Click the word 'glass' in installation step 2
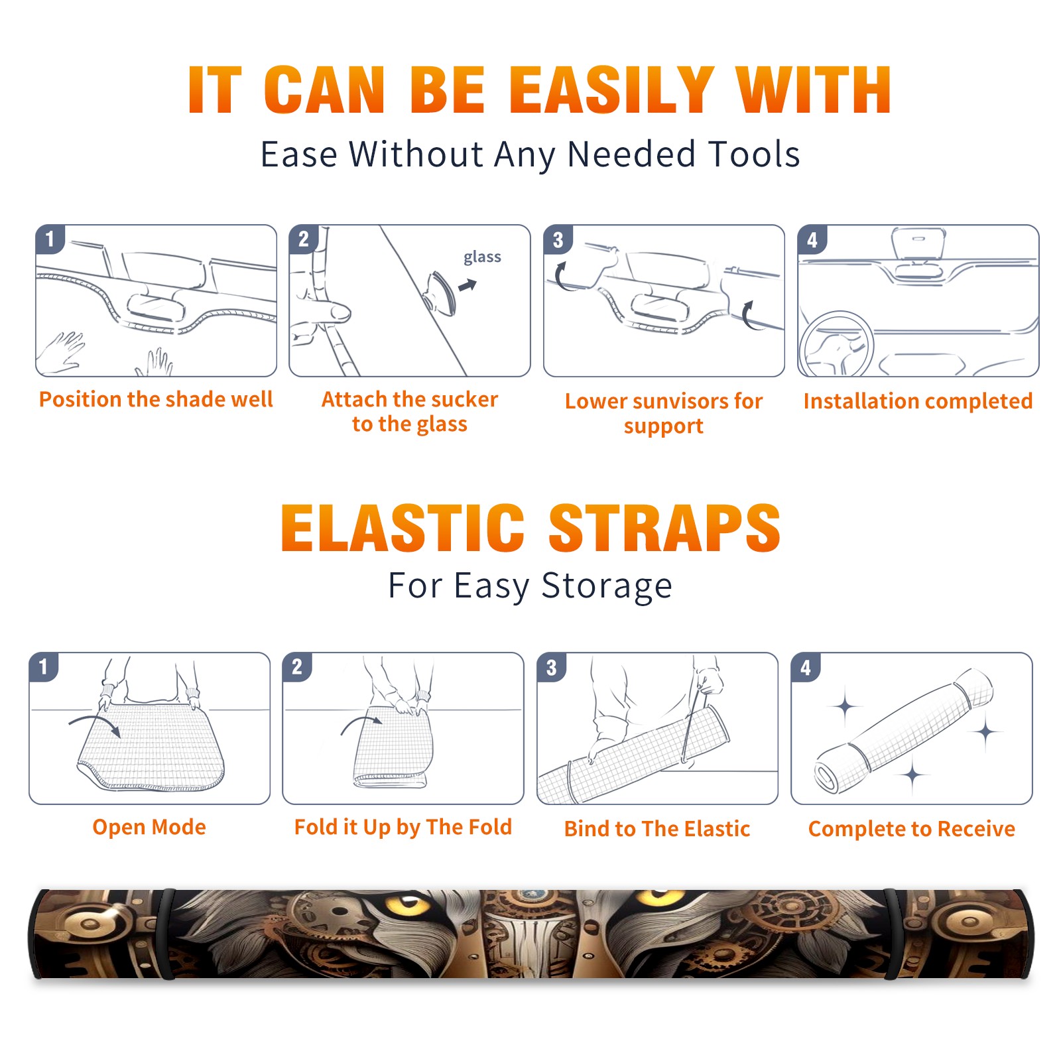point(482,257)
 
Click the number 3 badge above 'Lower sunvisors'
point(558,239)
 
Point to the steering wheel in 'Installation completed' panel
point(837,344)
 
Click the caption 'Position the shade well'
point(156,399)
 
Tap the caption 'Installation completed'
point(918,401)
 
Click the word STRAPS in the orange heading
point(664,528)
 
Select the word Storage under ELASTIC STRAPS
point(607,586)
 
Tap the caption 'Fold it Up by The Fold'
point(403,827)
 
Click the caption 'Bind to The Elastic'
point(657,829)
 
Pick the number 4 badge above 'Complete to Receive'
point(806,667)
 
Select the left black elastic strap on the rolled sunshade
point(166,934)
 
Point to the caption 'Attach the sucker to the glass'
point(410,411)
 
